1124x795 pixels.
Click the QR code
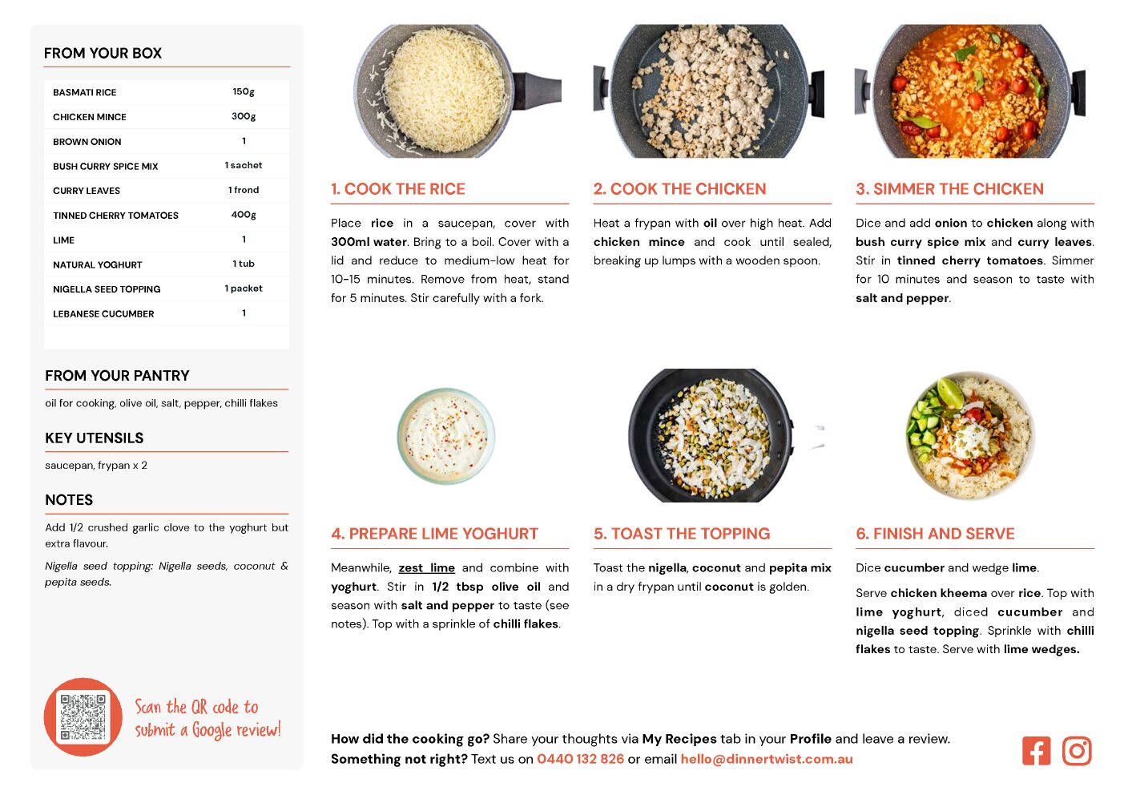tap(83, 717)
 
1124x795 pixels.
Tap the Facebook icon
tap(1036, 752)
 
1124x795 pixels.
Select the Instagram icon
tap(1076, 752)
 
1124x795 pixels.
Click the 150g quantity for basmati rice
tap(244, 92)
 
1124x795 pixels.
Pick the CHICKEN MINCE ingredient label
tap(89, 117)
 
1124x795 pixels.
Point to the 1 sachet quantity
tap(244, 166)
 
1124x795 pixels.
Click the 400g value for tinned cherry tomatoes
tap(244, 215)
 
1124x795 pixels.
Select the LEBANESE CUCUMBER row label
tap(103, 313)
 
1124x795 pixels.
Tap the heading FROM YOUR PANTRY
tap(117, 375)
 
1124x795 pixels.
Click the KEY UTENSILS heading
tap(95, 438)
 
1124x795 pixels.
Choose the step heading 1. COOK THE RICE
tap(398, 188)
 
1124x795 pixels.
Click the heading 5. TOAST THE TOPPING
tap(682, 534)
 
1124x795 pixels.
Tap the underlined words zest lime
tap(426, 567)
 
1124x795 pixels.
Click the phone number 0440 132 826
tap(581, 759)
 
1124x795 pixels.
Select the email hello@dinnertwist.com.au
tap(767, 759)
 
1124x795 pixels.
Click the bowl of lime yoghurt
tap(445, 436)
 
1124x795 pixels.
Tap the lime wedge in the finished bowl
tap(950, 392)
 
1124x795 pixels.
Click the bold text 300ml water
tap(369, 242)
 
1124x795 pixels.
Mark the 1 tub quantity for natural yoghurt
tap(244, 264)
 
